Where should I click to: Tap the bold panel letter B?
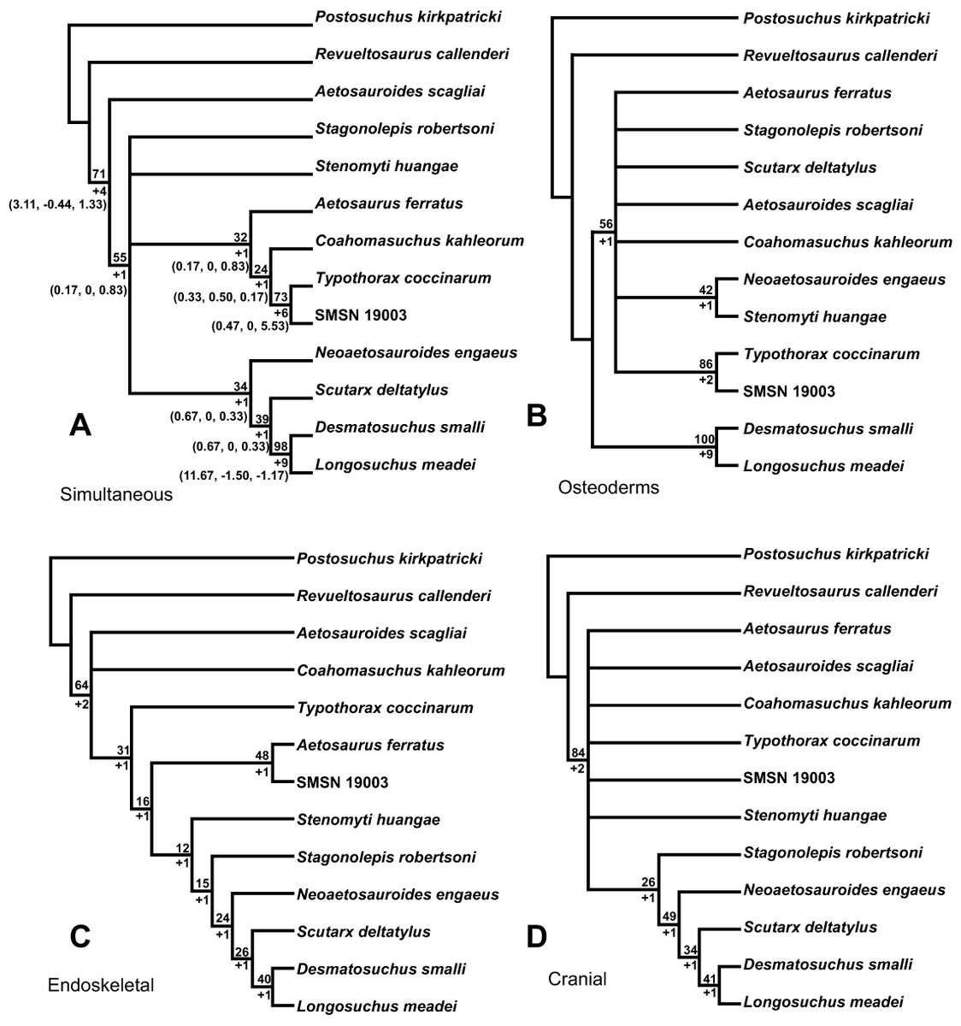tap(537, 416)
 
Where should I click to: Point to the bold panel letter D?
tap(537, 937)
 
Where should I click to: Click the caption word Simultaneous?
tap(116, 494)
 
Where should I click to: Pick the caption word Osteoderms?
tap(608, 487)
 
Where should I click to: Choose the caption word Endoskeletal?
tap(100, 985)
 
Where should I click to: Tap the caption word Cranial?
tap(577, 978)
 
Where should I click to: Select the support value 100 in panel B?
tap(705, 439)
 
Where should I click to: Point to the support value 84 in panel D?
tap(578, 753)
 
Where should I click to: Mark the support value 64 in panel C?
tap(81, 685)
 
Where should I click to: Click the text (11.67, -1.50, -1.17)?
tap(233, 475)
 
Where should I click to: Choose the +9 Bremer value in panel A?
tap(281, 463)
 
